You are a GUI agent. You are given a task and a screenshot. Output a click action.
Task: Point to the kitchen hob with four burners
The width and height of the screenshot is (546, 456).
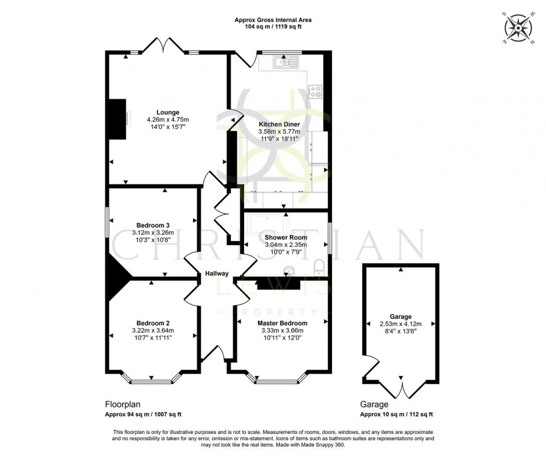click(x=315, y=91)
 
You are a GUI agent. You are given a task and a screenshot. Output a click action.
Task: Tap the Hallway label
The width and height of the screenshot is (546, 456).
click(x=217, y=274)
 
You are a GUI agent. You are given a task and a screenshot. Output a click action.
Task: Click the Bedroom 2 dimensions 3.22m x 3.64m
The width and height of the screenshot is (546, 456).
click(x=153, y=330)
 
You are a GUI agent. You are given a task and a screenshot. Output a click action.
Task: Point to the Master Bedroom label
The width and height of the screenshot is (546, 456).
click(x=282, y=323)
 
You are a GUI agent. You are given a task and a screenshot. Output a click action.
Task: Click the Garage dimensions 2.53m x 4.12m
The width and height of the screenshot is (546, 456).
click(x=401, y=324)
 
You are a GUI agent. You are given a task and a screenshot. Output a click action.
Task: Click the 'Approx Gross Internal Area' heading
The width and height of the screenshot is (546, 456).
click(x=273, y=20)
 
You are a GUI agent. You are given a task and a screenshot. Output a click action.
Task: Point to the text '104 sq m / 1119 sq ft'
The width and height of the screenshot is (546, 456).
click(x=273, y=26)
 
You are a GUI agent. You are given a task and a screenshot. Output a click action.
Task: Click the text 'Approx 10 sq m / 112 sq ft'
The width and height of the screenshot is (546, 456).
click(x=397, y=414)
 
